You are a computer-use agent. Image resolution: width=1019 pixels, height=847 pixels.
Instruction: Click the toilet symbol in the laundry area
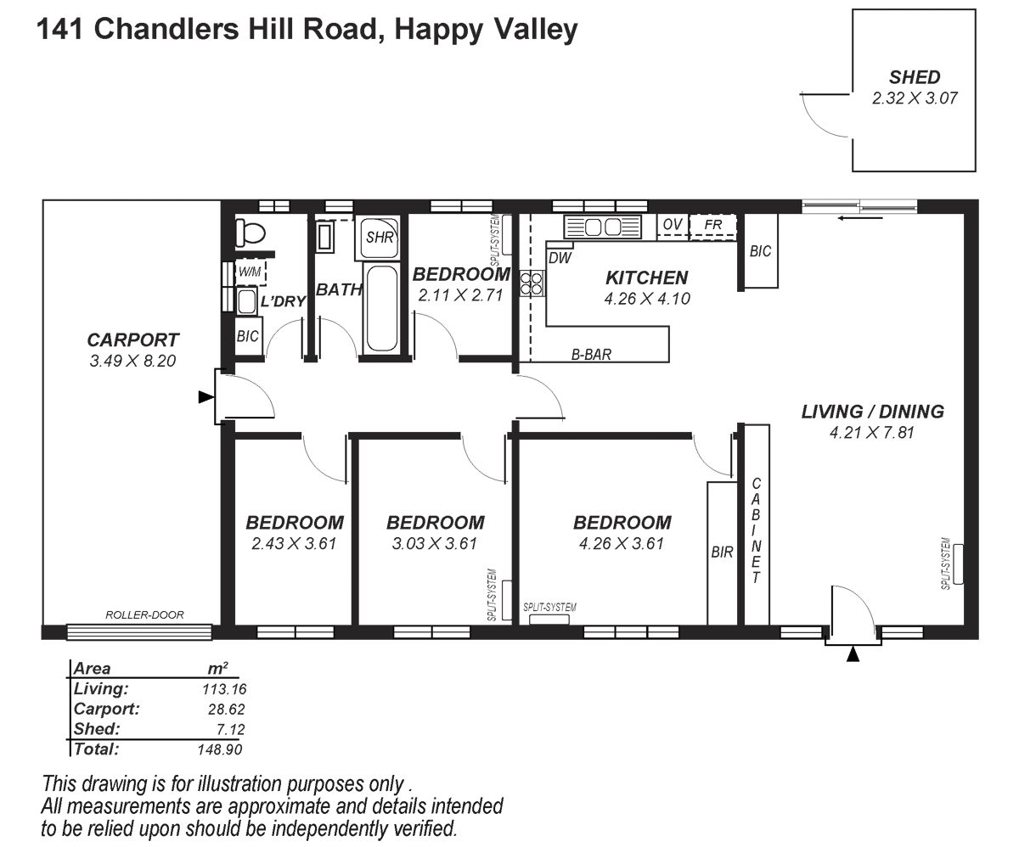(250, 232)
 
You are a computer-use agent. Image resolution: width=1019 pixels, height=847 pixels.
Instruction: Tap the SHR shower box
(380, 238)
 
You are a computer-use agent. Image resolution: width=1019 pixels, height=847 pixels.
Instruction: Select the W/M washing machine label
(250, 272)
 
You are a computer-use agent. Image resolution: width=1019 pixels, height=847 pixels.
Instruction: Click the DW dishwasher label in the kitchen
(559, 257)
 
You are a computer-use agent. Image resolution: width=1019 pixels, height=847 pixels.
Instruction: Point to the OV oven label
(673, 224)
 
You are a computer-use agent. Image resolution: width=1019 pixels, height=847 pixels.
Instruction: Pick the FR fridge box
(712, 226)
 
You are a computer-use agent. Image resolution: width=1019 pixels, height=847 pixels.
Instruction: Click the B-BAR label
(591, 355)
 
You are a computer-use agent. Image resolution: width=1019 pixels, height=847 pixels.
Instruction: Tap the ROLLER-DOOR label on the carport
(144, 615)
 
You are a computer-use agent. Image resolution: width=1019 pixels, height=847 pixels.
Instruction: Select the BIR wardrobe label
(722, 552)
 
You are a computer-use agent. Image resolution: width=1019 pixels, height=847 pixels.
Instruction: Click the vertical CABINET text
(756, 530)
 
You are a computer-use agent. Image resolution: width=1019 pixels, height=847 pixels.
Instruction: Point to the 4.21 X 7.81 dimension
(871, 433)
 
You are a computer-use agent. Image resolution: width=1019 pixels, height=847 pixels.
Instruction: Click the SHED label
(915, 77)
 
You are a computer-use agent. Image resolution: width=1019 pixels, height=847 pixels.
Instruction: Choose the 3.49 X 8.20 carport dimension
(133, 361)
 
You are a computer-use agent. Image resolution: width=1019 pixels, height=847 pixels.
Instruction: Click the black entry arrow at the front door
(853, 654)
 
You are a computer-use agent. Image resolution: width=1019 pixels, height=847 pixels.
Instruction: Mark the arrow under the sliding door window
(859, 218)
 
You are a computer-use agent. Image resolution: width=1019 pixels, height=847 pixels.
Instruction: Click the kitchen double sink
(602, 227)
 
